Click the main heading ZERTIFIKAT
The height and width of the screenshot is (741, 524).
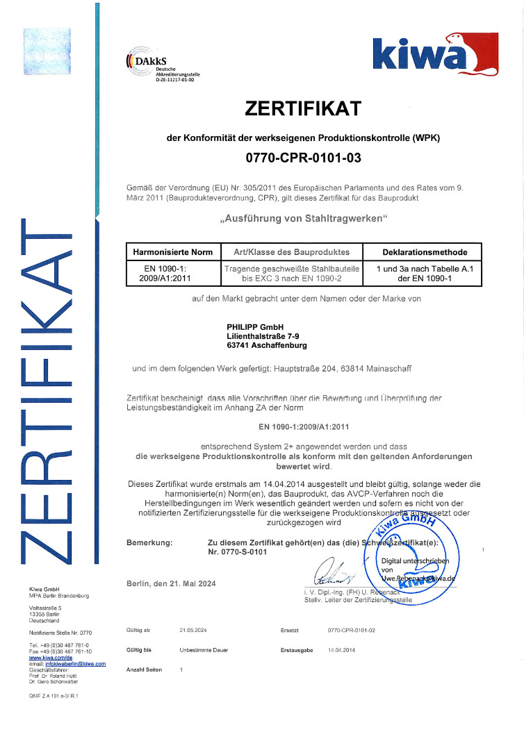click(304, 109)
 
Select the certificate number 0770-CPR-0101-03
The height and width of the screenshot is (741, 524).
click(304, 158)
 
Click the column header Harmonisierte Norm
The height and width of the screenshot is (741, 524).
click(171, 251)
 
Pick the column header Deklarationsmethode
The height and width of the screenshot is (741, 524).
click(425, 251)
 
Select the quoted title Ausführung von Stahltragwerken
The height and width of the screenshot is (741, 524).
click(303, 219)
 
